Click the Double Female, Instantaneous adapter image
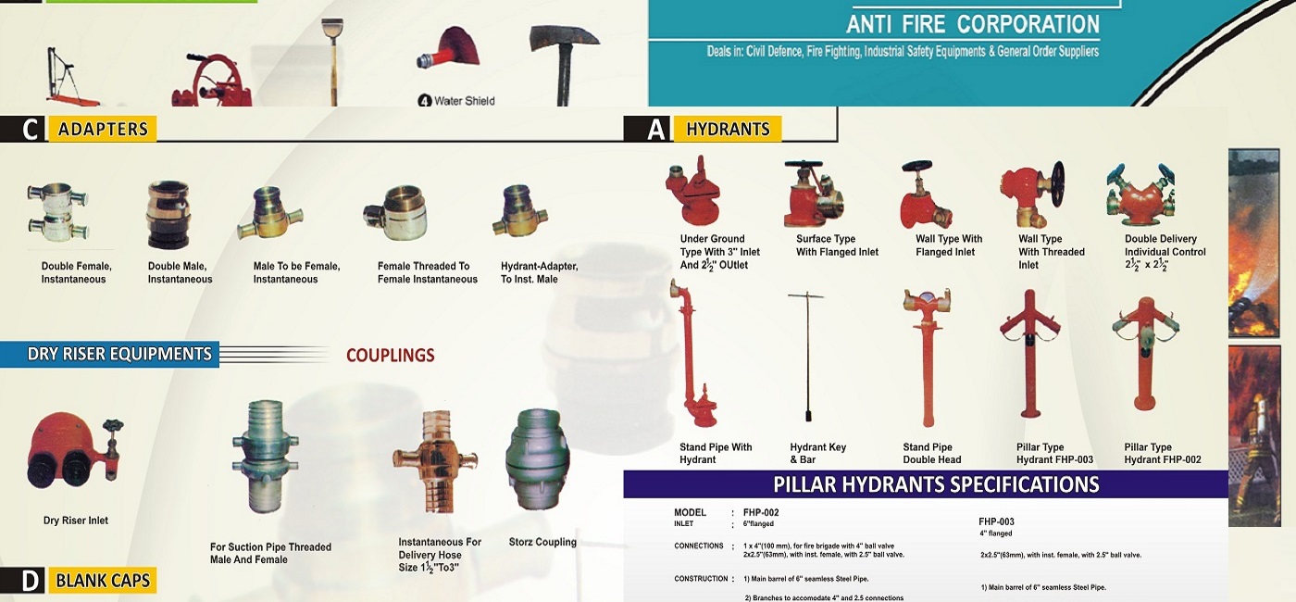coord(57,212)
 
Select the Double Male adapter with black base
coord(168,215)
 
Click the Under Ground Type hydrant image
coord(692,190)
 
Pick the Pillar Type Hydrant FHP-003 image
coord(1029,354)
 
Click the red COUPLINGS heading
coord(390,355)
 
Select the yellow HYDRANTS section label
coord(728,129)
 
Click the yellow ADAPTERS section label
coord(103,129)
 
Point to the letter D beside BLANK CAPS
coord(30,582)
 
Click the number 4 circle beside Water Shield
coord(425,101)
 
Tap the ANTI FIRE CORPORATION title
coord(973,24)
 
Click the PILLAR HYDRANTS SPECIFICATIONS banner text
coord(936,483)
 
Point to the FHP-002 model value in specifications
coord(761,512)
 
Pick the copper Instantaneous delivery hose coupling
coord(435,461)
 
